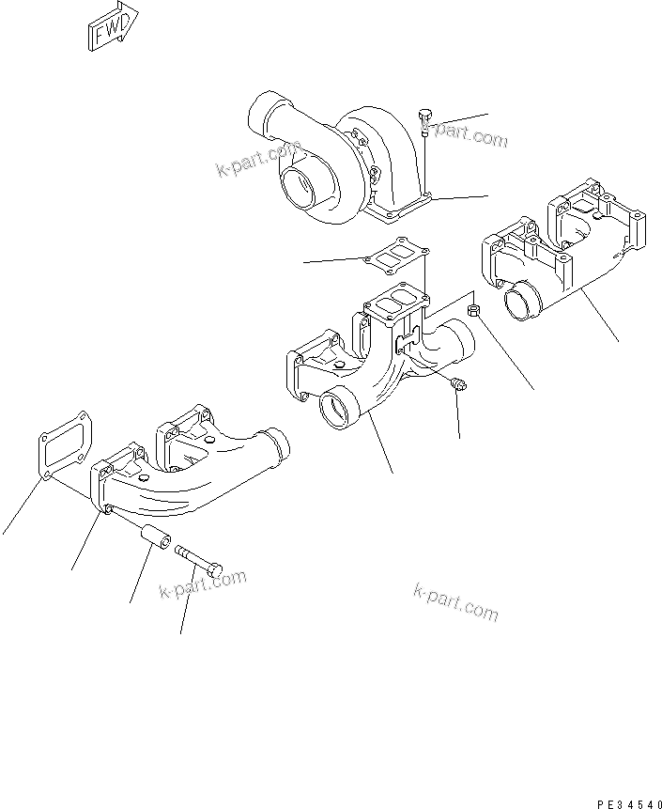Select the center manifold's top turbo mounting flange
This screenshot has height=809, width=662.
pyautogui.click(x=394, y=303)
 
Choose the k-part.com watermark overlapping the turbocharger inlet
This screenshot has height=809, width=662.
pyautogui.click(x=258, y=160)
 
